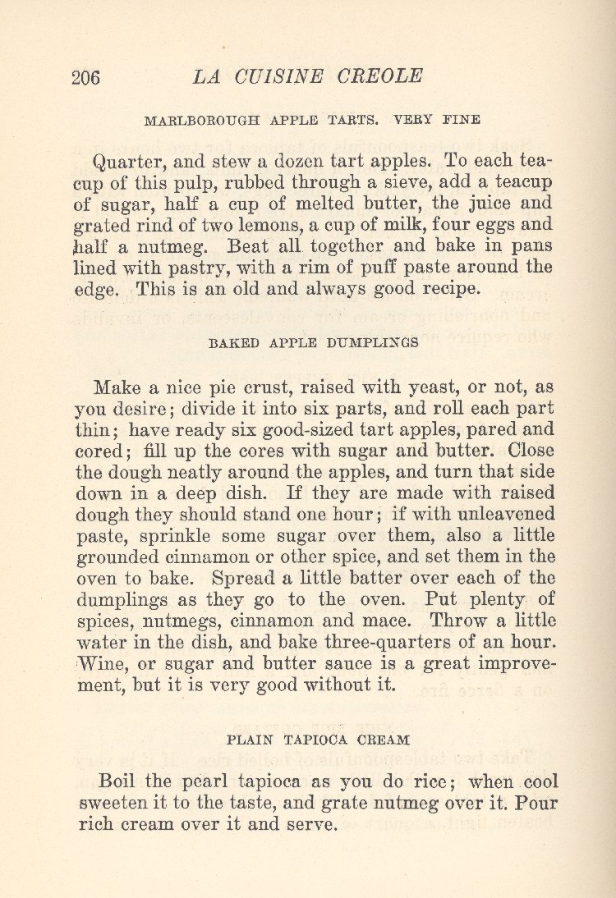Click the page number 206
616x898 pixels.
[x=85, y=78]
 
